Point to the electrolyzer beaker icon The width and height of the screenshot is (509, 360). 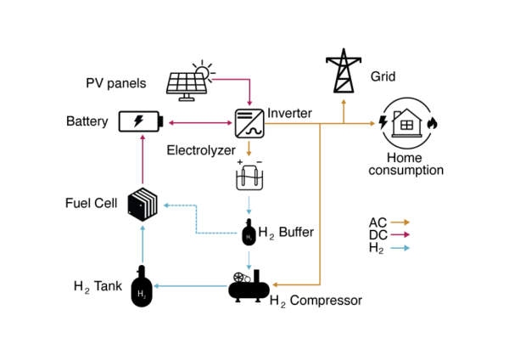(x=248, y=178)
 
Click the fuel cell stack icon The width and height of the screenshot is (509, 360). (x=143, y=205)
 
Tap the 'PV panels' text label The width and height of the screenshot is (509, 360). (x=115, y=83)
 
